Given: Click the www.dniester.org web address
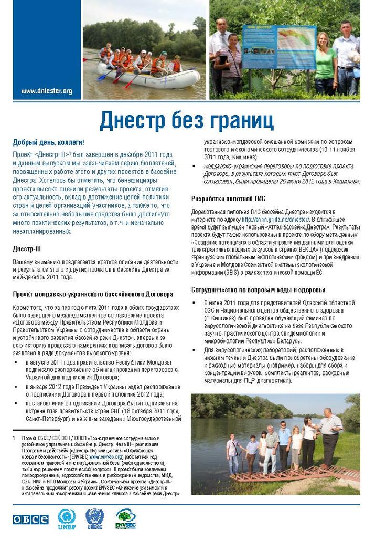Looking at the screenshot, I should (x=47, y=91).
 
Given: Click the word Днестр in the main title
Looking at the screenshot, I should (x=132, y=121).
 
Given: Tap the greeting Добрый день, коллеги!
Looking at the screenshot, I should (x=48, y=142).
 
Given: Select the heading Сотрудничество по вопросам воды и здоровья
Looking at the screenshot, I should (x=258, y=290).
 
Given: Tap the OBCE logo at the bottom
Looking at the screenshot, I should (x=30, y=519).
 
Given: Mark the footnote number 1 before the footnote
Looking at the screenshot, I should (x=14, y=438).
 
